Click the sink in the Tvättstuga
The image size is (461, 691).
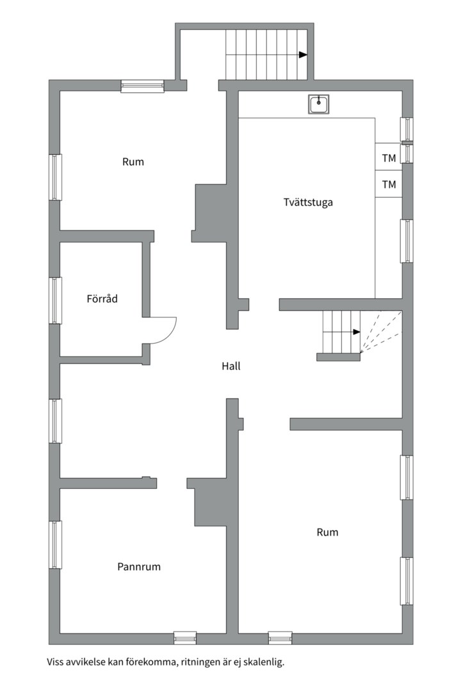click(x=318, y=104)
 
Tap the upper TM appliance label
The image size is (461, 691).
click(x=389, y=158)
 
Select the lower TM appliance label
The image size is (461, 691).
click(x=389, y=185)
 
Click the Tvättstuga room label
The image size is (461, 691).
click(x=308, y=202)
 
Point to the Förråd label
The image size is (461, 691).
click(x=102, y=298)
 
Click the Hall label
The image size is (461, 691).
click(x=231, y=367)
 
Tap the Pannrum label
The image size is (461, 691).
click(x=139, y=566)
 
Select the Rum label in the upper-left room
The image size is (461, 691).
click(x=133, y=162)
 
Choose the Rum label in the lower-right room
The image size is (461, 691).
click(x=327, y=532)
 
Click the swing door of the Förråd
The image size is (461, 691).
click(x=163, y=330)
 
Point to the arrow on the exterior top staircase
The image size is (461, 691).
click(x=303, y=55)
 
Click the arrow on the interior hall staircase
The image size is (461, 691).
click(x=356, y=332)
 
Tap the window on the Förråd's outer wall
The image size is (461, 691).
click(x=56, y=300)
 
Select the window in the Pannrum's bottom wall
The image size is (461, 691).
click(x=185, y=638)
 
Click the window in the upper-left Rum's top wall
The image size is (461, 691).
click(x=143, y=86)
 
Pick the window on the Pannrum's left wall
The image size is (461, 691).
click(x=56, y=544)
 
